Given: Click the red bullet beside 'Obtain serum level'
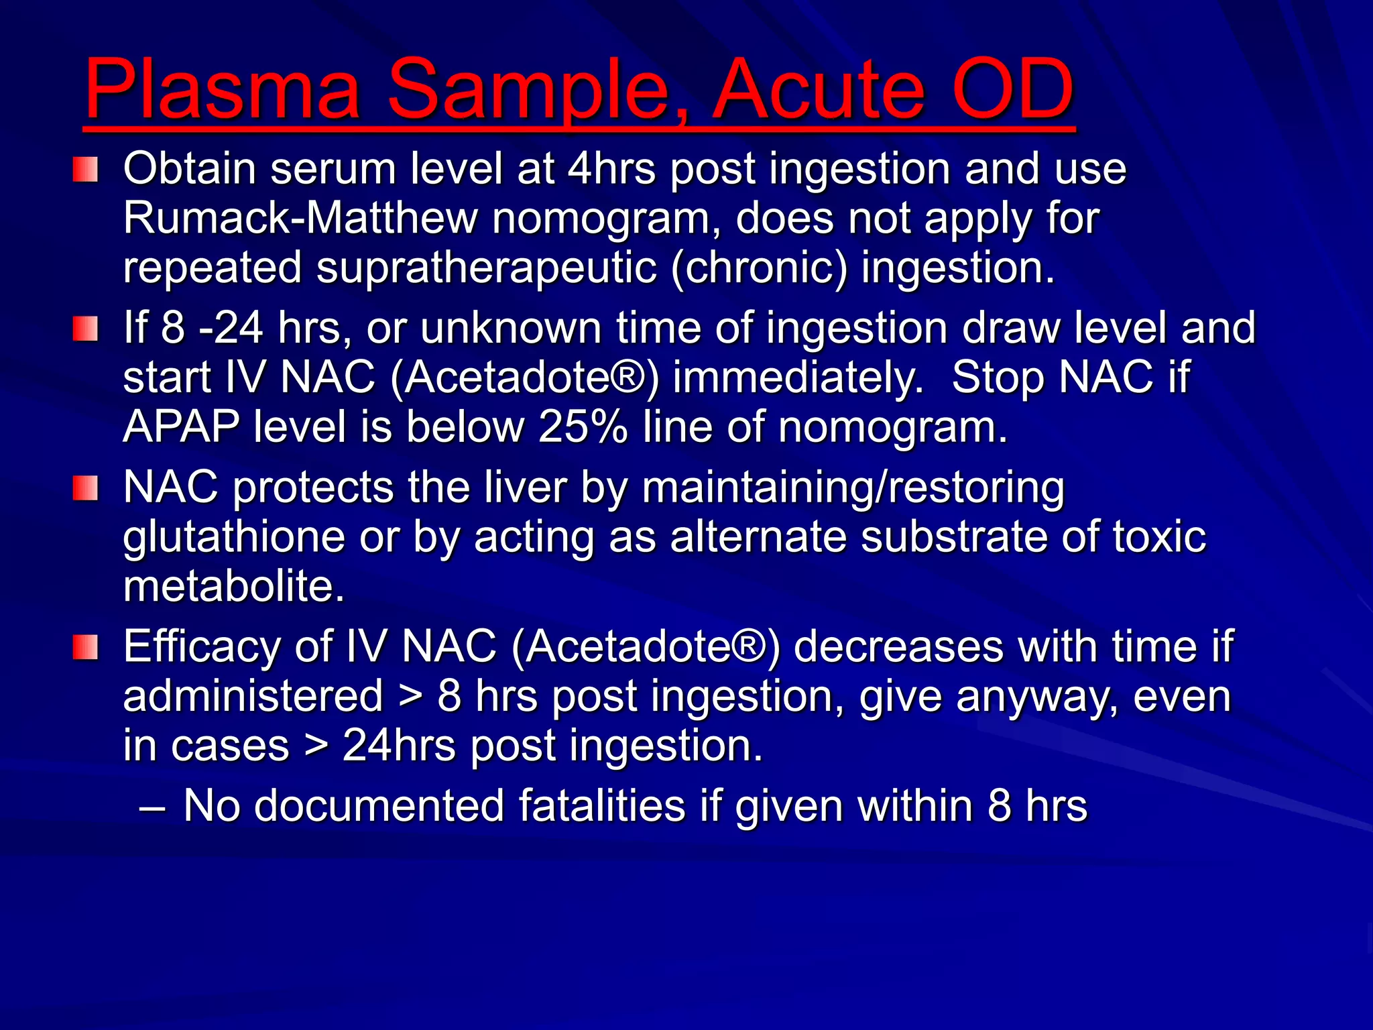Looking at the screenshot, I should [x=86, y=170].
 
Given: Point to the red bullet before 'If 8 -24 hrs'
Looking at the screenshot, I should [x=86, y=329].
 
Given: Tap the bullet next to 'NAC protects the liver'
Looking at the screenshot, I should [x=86, y=488].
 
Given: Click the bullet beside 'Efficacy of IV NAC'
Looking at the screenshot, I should [x=86, y=648].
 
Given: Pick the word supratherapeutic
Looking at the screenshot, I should [x=486, y=268].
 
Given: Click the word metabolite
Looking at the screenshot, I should [x=234, y=586].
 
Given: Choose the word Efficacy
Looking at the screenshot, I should [x=201, y=647].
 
